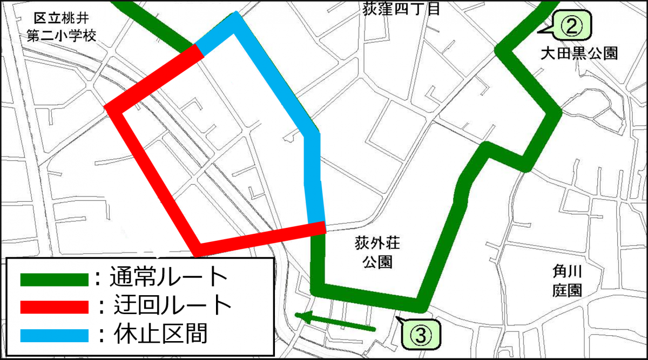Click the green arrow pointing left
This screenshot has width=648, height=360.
point(335,322)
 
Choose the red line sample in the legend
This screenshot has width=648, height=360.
point(53,307)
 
